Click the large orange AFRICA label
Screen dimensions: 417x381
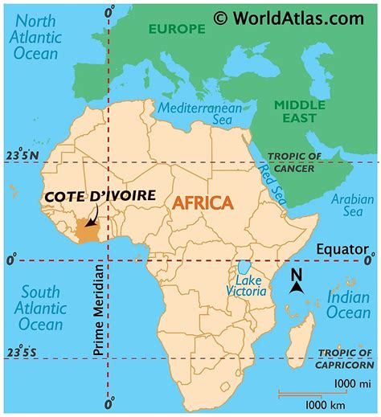(201, 202)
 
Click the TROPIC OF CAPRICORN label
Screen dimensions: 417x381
(346, 358)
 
